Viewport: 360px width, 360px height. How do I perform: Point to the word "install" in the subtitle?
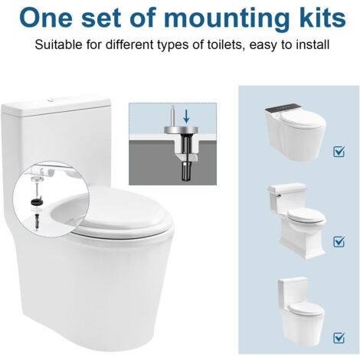[313, 44]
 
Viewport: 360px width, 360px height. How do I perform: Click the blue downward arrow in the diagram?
[186, 116]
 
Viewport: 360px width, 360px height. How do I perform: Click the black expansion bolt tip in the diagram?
[186, 172]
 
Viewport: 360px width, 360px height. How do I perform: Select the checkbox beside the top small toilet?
[339, 152]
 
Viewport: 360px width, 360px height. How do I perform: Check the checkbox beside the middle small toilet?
[339, 241]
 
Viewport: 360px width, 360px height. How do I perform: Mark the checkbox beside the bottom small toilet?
[339, 338]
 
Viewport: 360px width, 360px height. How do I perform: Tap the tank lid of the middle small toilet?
[286, 188]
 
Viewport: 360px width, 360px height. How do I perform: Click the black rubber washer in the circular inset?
[37, 201]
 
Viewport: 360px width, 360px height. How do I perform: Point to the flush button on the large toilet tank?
[52, 100]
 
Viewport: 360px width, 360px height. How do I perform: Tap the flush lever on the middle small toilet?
[278, 196]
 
